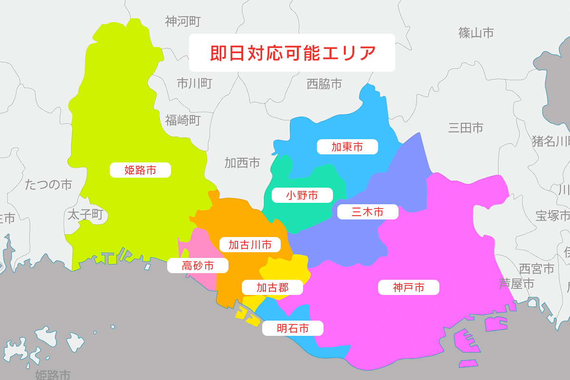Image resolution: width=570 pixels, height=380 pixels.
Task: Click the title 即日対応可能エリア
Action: (x=292, y=53)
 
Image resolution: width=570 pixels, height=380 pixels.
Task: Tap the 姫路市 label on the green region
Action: (x=140, y=170)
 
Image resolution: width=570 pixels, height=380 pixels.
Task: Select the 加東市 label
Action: (x=347, y=147)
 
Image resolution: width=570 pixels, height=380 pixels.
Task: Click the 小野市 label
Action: (x=302, y=195)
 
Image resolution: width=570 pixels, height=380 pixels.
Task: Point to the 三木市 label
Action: (x=368, y=211)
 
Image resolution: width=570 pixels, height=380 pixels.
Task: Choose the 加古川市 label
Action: (x=250, y=245)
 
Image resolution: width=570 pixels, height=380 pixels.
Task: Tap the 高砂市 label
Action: (x=198, y=266)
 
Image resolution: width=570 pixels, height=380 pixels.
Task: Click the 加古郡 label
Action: (x=272, y=287)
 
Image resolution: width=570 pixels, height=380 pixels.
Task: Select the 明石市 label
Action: (x=293, y=328)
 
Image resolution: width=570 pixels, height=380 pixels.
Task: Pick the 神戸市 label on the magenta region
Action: (x=408, y=287)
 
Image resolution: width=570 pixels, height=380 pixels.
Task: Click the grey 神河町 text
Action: (x=183, y=21)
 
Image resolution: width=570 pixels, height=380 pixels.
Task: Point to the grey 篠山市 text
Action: (x=476, y=33)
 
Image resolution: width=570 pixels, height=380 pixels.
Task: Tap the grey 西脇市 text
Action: (x=324, y=85)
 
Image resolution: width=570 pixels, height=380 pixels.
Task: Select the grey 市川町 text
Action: (x=194, y=84)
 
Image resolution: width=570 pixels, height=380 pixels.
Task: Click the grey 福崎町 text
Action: (x=183, y=120)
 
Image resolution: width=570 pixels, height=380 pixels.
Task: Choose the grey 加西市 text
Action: (x=242, y=163)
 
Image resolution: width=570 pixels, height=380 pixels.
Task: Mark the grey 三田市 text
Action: (x=465, y=127)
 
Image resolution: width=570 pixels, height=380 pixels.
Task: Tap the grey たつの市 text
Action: (x=48, y=184)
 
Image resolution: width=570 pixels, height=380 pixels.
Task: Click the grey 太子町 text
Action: (x=85, y=214)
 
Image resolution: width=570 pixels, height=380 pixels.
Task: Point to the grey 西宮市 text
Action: (x=536, y=268)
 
